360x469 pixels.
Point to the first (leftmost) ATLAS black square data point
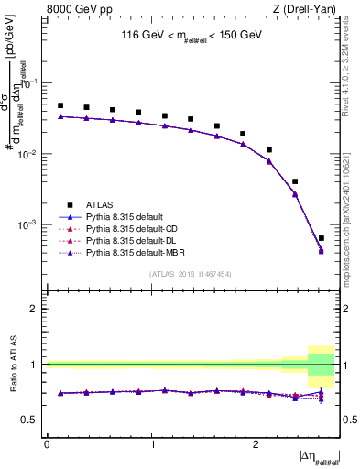60,105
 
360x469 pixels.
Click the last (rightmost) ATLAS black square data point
321,238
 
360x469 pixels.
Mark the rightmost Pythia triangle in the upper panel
321,250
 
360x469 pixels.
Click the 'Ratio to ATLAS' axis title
14,365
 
